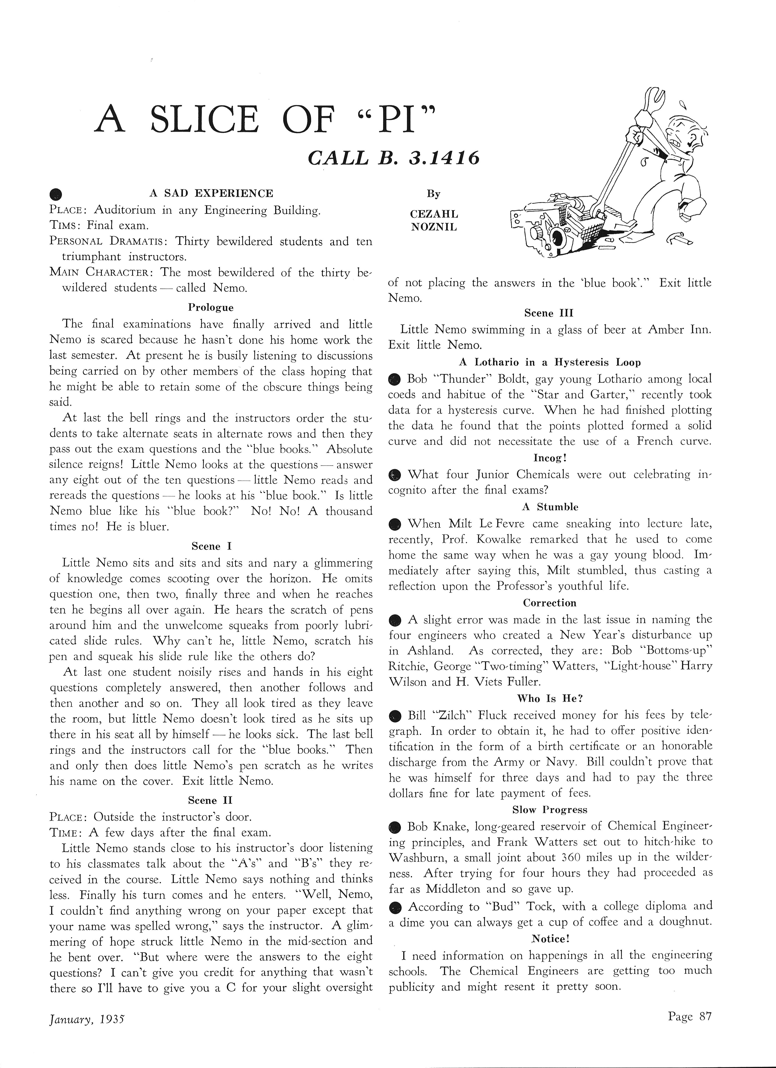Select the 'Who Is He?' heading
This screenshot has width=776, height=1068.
click(x=549, y=698)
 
